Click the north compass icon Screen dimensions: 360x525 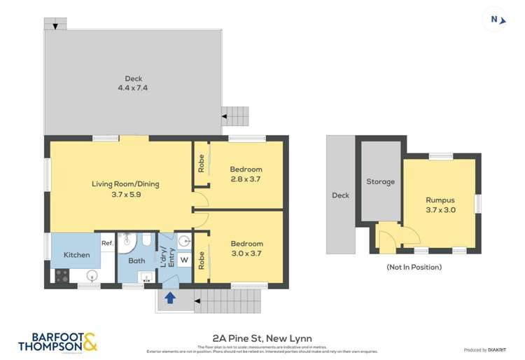pyautogui.click(x=496, y=20)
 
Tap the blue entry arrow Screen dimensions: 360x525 pyautogui.click(x=169, y=298)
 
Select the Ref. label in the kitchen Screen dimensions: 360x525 pyautogui.click(x=107, y=244)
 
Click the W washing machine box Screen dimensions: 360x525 pyautogui.click(x=184, y=260)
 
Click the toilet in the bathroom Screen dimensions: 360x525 pyautogui.click(x=147, y=241)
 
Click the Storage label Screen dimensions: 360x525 pyautogui.click(x=380, y=181)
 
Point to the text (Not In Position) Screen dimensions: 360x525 pyautogui.click(x=414, y=267)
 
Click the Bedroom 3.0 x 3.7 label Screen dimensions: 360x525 pyautogui.click(x=246, y=249)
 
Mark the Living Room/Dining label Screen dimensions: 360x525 pyautogui.click(x=125, y=190)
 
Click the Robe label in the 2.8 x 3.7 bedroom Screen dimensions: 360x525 pyautogui.click(x=202, y=164)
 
